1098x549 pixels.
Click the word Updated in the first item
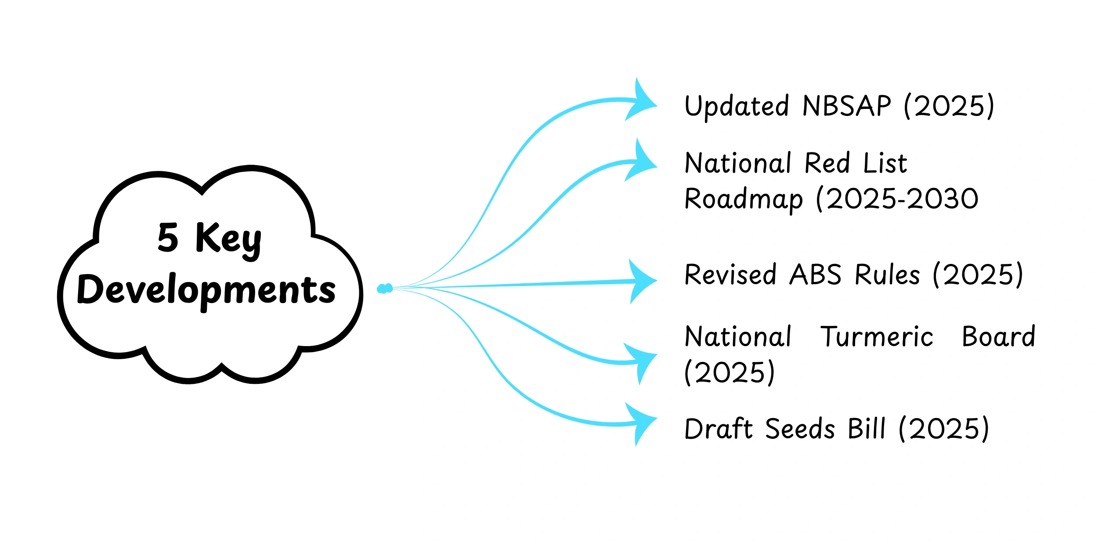coord(737,107)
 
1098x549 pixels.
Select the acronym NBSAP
coord(847,106)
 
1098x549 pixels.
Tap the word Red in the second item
coord(827,163)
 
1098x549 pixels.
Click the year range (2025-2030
coord(897,199)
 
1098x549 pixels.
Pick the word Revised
coord(730,275)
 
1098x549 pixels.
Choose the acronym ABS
coord(815,275)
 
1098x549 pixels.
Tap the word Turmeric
coord(877,337)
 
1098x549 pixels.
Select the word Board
coord(998,337)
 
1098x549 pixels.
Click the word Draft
coord(719,429)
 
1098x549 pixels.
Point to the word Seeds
coord(800,429)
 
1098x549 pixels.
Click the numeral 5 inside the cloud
coord(168,238)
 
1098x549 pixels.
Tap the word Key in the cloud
coord(229,239)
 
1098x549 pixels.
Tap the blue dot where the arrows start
coord(384,289)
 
